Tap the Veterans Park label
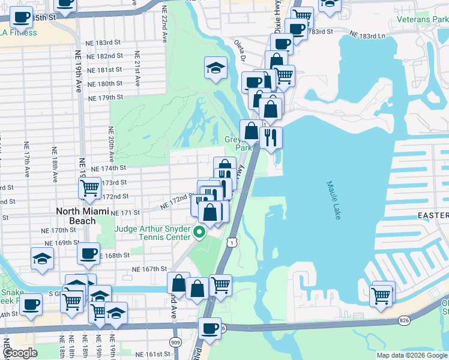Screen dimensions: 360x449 pos(422,19)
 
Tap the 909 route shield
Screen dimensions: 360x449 pos(175,342)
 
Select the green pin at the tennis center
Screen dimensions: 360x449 pos(200,231)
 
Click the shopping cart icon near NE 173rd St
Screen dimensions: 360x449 pos(89,188)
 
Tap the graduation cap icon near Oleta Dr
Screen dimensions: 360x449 pos(215,68)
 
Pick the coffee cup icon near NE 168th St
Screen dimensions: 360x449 pos(88,253)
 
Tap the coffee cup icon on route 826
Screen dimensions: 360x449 pos(209,328)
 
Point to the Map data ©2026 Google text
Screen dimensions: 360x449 pos(412,355)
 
